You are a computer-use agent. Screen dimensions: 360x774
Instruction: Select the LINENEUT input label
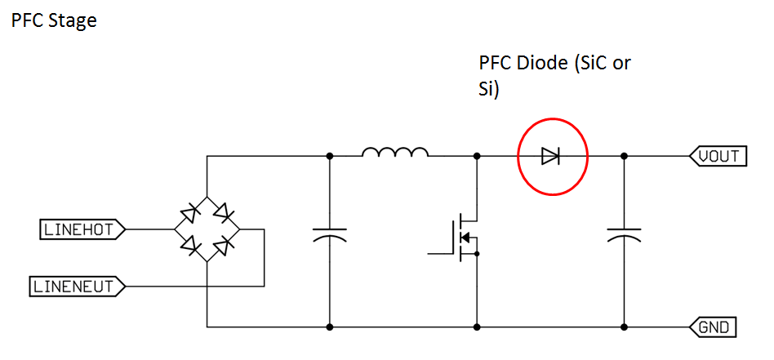[77, 287]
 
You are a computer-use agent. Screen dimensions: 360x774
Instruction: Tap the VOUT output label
[718, 155]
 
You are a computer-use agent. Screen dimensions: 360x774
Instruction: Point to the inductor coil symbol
[395, 153]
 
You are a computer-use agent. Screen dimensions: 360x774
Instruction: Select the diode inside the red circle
[550, 156]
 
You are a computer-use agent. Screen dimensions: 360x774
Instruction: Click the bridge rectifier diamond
[207, 229]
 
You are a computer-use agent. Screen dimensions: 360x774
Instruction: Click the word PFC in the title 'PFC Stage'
[27, 20]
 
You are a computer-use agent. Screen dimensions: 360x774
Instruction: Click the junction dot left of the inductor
[329, 155]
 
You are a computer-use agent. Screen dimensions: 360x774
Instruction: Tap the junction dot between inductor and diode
[476, 155]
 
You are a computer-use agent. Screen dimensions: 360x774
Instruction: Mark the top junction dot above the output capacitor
[625, 155]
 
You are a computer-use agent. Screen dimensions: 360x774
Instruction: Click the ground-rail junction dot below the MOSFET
[476, 327]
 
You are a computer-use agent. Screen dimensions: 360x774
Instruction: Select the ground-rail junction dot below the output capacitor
[625, 327]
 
